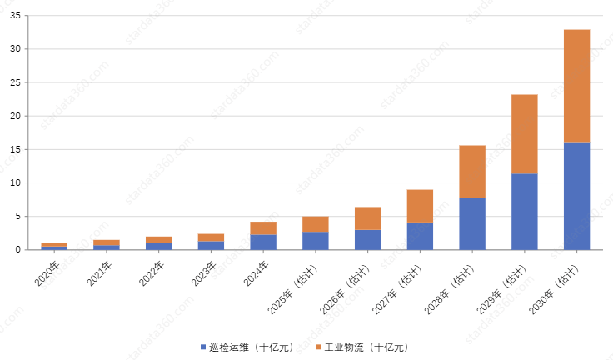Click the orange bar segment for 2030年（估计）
pos(576,86)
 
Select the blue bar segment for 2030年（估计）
pos(576,196)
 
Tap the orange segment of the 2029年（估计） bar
pos(524,134)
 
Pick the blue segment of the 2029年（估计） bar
pos(524,212)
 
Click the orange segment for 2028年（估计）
pos(472,172)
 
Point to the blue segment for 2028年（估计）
pos(472,223)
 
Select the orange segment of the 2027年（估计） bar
pos(420,206)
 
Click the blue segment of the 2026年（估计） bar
pos(367,239)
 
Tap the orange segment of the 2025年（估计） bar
pos(315,224)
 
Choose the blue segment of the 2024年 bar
pos(263,242)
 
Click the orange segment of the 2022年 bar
pos(158,239)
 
